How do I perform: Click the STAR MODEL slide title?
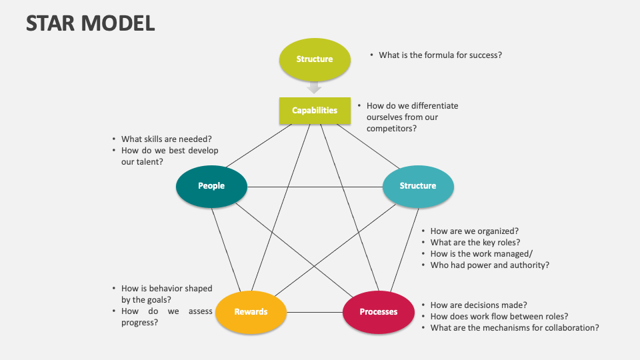91,23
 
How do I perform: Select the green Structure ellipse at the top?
315,59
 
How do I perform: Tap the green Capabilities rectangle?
315,111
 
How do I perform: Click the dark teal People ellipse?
211,186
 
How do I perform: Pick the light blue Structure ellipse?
418,186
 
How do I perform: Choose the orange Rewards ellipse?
251,312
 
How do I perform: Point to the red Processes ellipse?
379,312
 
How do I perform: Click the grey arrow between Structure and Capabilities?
315,87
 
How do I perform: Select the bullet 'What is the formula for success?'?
440,55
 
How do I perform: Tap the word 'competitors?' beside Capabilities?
391,128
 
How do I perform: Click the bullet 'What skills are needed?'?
166,139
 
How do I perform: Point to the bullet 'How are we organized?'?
474,231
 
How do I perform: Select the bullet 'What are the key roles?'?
475,243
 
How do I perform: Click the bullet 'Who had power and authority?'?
489,265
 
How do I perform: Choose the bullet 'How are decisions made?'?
479,305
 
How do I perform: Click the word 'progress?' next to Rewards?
139,322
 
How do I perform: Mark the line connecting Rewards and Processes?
315,312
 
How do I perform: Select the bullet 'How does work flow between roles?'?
499,317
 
